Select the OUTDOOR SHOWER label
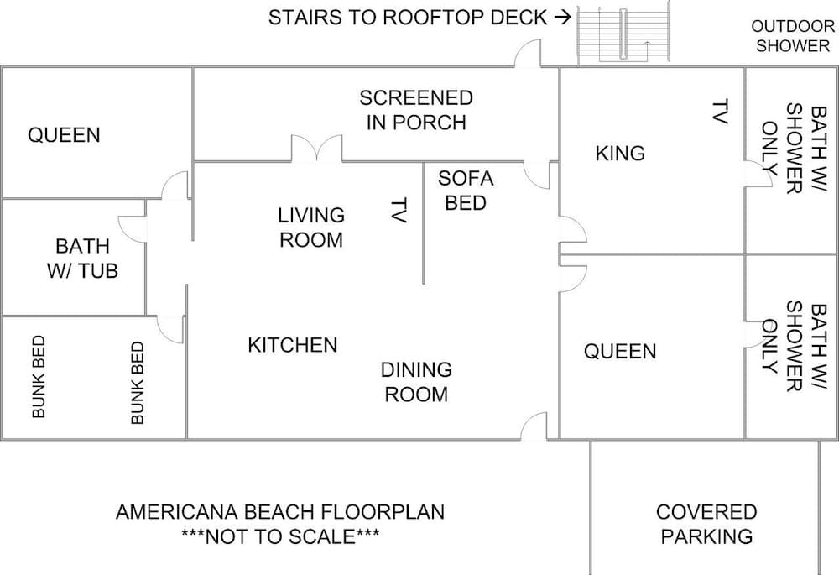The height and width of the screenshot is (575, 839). [x=792, y=36]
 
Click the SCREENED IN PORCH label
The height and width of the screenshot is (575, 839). [x=416, y=110]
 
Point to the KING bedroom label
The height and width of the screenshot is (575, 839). [x=620, y=154]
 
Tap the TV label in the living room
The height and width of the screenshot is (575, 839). [x=399, y=210]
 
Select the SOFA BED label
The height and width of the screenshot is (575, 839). [x=466, y=191]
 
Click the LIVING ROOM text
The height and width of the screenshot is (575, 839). [x=310, y=227]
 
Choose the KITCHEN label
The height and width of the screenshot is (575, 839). [x=293, y=345]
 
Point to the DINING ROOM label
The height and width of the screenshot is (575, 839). [x=416, y=382]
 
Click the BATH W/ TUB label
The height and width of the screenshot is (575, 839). [x=82, y=258]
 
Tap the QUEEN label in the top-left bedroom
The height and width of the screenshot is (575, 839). [x=64, y=135]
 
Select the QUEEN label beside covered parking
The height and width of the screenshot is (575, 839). [x=620, y=352]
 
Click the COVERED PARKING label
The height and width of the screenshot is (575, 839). [x=706, y=524]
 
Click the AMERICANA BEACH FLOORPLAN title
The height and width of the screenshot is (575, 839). [x=280, y=511]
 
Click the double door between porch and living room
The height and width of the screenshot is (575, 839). [x=316, y=149]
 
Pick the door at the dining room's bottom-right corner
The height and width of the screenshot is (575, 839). [x=534, y=427]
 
